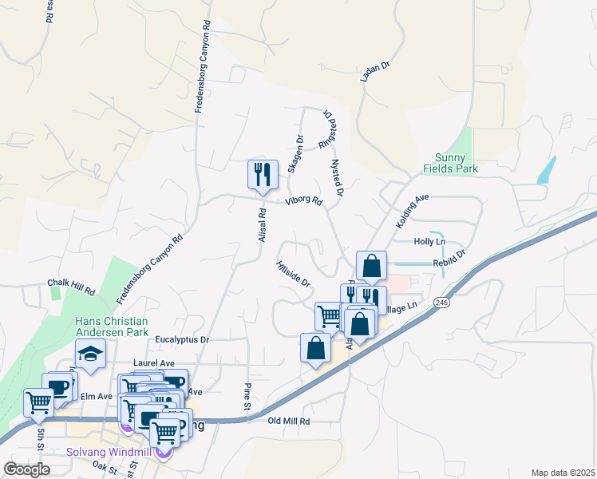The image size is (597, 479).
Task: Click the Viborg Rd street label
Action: tap(304, 201)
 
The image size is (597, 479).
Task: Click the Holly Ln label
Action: tap(429, 241)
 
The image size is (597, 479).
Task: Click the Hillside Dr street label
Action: tap(292, 274)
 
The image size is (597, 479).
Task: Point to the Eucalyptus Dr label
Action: tap(181, 340)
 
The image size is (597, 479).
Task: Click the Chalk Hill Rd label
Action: tap(71, 283)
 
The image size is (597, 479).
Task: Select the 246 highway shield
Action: tap(441, 303)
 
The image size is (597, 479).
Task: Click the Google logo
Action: tap(26, 469)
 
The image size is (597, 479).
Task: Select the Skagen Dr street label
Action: tap(295, 153)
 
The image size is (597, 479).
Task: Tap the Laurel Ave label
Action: tap(155, 363)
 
